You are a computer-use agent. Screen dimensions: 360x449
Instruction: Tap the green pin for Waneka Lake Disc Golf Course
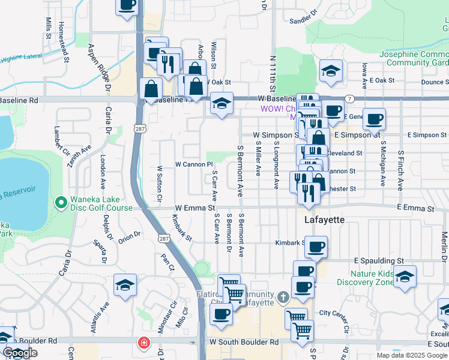click(x=60, y=203)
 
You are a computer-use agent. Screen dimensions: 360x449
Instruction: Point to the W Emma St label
click(x=194, y=208)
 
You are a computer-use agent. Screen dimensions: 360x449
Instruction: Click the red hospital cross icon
click(x=143, y=343)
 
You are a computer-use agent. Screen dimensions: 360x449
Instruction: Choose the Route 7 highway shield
click(x=349, y=98)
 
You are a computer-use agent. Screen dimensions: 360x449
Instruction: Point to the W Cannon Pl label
click(x=194, y=164)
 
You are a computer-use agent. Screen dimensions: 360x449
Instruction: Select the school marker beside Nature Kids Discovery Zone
click(x=405, y=276)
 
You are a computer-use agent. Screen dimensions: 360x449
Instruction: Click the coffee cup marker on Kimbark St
click(x=316, y=246)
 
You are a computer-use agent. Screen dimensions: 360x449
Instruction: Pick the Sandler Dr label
click(x=303, y=20)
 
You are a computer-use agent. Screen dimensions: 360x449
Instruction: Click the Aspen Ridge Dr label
click(x=100, y=65)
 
